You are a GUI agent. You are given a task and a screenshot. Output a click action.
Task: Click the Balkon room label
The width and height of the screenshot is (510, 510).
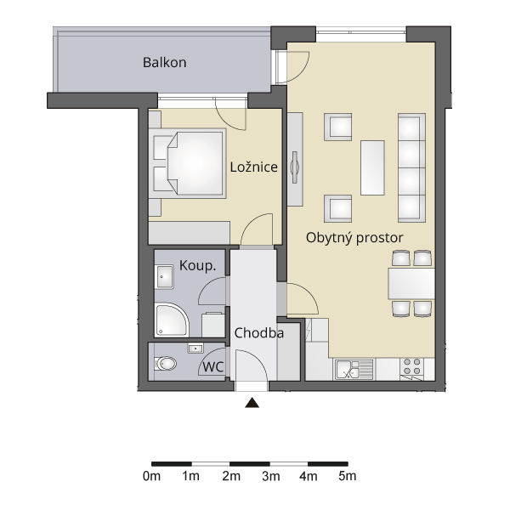pyautogui.click(x=165, y=62)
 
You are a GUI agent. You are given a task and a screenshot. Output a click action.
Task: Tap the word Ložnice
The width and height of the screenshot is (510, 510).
pyautogui.click(x=253, y=167)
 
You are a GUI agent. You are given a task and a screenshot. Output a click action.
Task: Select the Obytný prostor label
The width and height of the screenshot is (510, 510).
pyautogui.click(x=354, y=238)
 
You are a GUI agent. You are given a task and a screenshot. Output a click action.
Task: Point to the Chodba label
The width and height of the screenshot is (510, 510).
pyautogui.click(x=259, y=333)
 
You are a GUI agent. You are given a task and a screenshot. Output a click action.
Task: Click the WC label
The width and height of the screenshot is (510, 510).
pyautogui.click(x=213, y=367)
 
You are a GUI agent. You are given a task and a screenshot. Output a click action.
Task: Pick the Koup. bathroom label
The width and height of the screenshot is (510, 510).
pyautogui.click(x=197, y=266)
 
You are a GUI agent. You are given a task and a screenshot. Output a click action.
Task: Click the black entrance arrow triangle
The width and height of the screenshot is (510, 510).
pyautogui.click(x=252, y=403)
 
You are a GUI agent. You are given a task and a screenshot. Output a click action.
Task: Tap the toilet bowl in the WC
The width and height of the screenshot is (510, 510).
pyautogui.click(x=165, y=363)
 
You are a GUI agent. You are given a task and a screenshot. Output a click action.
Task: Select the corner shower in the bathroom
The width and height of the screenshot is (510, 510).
pyautogui.click(x=172, y=320)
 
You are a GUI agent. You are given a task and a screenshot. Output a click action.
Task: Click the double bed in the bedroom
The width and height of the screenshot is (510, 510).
pyautogui.click(x=188, y=163)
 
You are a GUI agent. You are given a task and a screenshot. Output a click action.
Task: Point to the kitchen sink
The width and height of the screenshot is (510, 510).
pyautogui.click(x=354, y=369)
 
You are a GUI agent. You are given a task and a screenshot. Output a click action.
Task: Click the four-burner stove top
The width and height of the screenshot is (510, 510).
pyautogui.click(x=412, y=366)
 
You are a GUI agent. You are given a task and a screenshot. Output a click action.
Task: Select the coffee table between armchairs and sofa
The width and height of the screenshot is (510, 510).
pyautogui.click(x=372, y=167)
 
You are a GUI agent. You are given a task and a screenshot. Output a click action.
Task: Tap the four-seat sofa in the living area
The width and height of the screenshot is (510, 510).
pyautogui.click(x=411, y=167)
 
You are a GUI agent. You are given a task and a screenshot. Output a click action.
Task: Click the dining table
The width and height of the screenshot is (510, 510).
pyautogui.click(x=411, y=283)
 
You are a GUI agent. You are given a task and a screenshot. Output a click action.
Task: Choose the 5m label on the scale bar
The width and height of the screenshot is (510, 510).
pyautogui.click(x=348, y=476)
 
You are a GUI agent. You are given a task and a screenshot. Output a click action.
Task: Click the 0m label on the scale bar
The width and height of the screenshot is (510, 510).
pyautogui.click(x=151, y=476)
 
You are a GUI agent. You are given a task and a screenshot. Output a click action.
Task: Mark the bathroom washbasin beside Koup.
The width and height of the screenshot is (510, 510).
pyautogui.click(x=165, y=277)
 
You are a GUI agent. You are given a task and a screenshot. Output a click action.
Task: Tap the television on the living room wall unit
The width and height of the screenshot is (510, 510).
pyautogui.click(x=295, y=167)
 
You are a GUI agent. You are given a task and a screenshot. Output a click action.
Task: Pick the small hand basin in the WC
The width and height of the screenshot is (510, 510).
pyautogui.click(x=195, y=348)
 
